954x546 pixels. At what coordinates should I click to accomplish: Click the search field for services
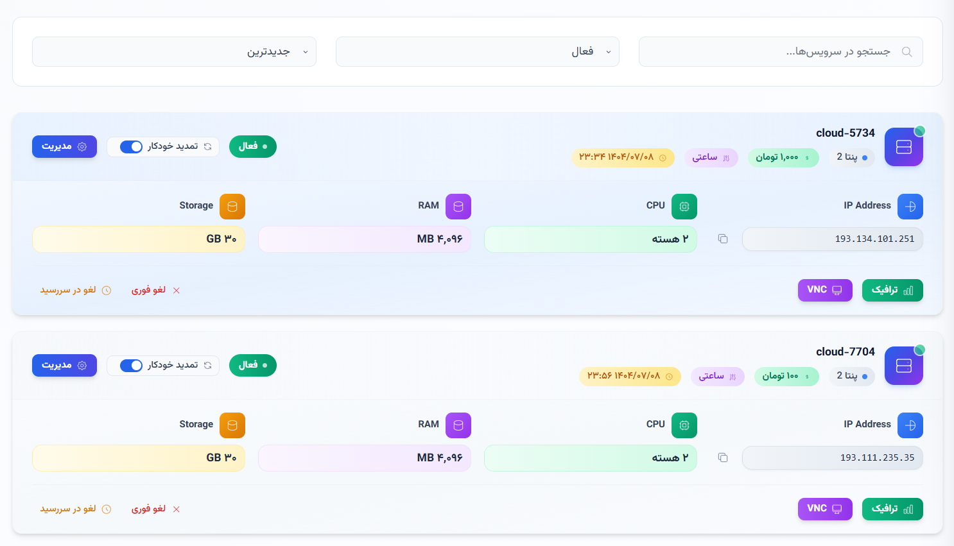coord(780,51)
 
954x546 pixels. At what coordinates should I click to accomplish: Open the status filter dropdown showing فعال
coord(477,51)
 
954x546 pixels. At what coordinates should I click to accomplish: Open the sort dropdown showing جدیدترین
coord(174,51)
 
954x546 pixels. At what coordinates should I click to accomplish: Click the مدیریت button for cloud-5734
coord(64,146)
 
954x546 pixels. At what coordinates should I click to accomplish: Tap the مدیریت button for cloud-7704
coord(64,365)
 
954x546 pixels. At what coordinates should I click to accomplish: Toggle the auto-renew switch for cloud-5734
coord(132,147)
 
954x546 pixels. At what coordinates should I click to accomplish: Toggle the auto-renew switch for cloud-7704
coord(132,366)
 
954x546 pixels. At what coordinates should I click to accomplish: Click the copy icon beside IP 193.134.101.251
coord(723,239)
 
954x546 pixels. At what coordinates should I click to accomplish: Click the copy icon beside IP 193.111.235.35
coord(723,457)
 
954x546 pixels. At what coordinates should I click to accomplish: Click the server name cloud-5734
coord(845,133)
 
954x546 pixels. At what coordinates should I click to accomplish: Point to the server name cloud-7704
coord(845,352)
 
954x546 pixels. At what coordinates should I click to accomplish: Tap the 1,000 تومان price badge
coord(783,157)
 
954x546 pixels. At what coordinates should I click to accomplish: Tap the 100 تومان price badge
coord(786,376)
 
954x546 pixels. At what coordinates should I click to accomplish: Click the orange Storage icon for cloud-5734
coord(232,207)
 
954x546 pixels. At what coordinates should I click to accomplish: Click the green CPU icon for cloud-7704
coord(684,425)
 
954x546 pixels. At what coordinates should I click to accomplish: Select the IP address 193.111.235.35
coord(877,457)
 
